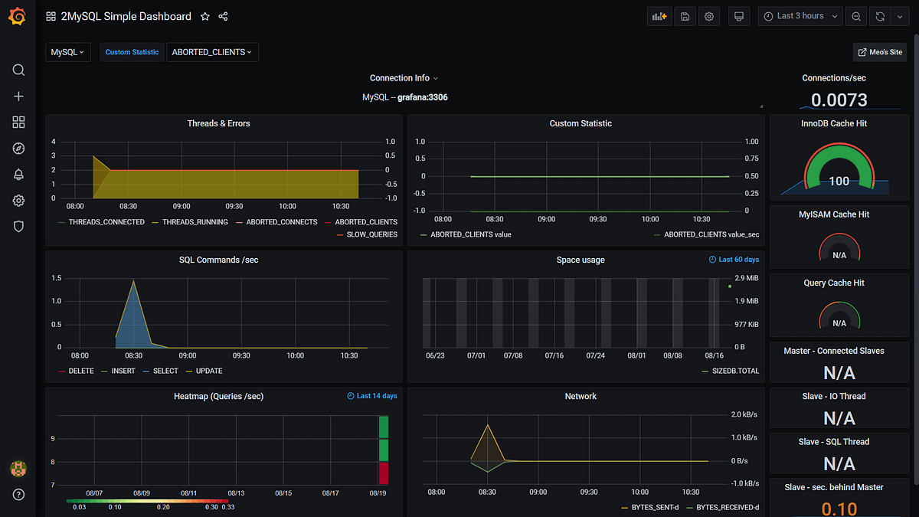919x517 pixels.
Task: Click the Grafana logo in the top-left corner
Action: (17, 16)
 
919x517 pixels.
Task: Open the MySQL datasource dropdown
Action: (67, 52)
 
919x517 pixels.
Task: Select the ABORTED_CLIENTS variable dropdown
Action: (212, 52)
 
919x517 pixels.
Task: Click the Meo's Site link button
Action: (880, 52)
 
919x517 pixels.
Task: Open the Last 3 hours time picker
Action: (800, 16)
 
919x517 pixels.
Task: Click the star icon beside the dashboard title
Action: (204, 16)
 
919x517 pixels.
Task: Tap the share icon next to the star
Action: (223, 16)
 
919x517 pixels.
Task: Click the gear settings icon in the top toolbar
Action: (709, 16)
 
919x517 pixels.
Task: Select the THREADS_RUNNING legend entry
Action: (195, 222)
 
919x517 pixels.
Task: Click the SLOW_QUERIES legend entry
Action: (371, 234)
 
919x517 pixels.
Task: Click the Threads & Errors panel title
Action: (218, 123)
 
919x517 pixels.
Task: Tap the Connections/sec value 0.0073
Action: (839, 100)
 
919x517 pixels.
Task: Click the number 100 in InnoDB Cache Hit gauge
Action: (839, 181)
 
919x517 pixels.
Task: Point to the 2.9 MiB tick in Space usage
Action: (746, 278)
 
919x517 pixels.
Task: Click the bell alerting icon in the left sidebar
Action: (18, 175)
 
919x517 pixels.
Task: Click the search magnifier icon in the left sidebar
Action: (18, 70)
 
